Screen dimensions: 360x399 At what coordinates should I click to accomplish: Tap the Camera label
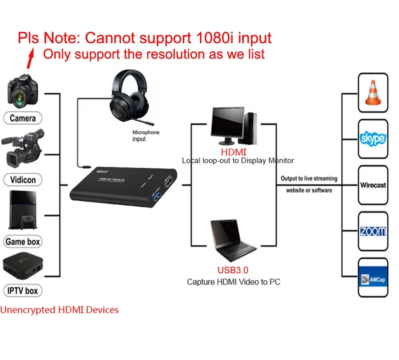23,118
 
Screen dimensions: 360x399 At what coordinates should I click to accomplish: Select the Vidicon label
23,180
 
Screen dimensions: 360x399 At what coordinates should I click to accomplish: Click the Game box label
23,242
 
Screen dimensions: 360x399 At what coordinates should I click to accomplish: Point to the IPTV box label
23,291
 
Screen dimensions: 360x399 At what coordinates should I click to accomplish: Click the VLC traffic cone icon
372,94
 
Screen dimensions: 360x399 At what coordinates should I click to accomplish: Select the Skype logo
372,139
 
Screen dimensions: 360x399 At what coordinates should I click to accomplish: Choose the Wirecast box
372,185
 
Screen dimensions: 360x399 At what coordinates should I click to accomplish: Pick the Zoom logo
372,231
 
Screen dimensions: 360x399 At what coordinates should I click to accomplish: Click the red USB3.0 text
233,270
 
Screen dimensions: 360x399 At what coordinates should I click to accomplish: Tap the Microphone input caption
145,136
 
